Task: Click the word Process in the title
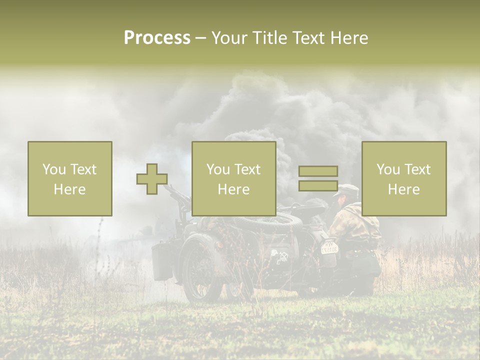[x=157, y=37]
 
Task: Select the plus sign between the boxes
[x=152, y=178]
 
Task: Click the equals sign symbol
[x=318, y=178]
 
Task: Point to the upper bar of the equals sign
[x=318, y=171]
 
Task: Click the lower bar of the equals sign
[x=318, y=185]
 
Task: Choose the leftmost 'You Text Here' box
[x=69, y=178]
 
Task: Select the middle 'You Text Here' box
[x=233, y=178]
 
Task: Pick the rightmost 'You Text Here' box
[x=403, y=178]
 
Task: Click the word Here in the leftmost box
[x=69, y=189]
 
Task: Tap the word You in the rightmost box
[x=388, y=169]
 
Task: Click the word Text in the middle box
[x=247, y=169]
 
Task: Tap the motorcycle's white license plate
[x=329, y=247]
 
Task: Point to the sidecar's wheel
[x=200, y=270]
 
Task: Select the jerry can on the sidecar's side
[x=162, y=261]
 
